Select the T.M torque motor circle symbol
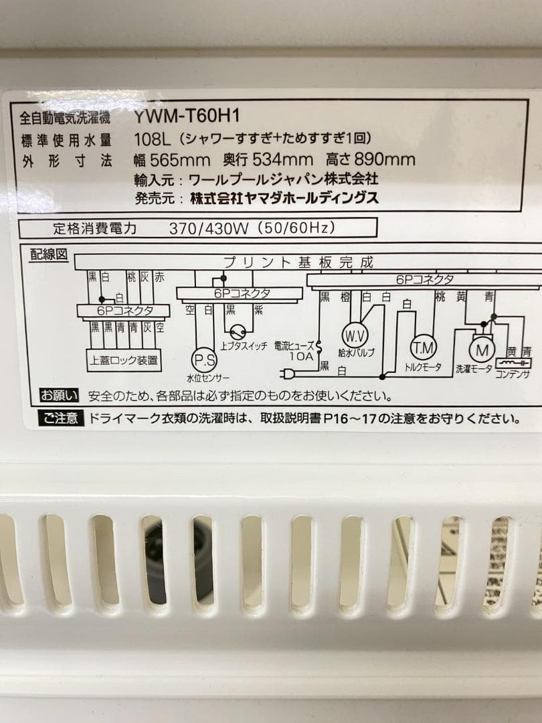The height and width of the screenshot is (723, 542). pyautogui.click(x=423, y=347)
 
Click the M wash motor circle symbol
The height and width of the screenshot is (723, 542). pyautogui.click(x=480, y=349)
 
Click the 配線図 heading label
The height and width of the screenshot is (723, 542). pyautogui.click(x=48, y=254)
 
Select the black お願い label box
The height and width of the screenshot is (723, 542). pyautogui.click(x=60, y=395)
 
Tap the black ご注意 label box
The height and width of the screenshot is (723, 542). pyautogui.click(x=63, y=419)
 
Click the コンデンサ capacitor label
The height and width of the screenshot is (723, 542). pyautogui.click(x=512, y=374)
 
